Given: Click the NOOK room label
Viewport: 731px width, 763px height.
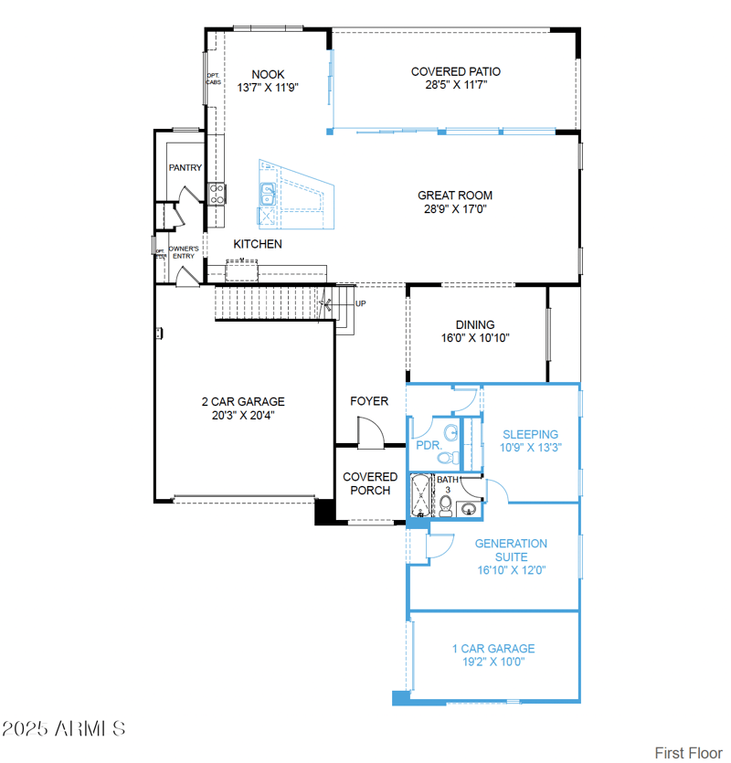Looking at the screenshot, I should coord(268,75).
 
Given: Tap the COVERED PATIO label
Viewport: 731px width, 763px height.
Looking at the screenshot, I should coord(455,71).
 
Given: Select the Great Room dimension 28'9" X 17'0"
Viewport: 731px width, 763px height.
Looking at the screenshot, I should coord(454,208).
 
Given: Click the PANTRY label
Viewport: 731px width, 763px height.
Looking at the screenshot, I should coord(185,168).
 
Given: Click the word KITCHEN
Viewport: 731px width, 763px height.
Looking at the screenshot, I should coord(258,244).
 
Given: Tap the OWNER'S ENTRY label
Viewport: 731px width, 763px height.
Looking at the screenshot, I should coord(183,252).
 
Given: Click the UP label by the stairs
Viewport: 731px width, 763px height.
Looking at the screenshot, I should coord(360,304).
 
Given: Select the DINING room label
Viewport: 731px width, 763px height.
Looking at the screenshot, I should coord(475,324).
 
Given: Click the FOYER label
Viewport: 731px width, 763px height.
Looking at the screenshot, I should coord(369,401).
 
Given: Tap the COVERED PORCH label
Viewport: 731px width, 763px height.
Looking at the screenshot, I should coord(370,483).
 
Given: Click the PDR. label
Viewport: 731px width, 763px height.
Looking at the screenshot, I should coord(429,446).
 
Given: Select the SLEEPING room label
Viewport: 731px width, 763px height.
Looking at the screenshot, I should coord(530,434).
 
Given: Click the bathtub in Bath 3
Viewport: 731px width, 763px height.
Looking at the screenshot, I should coord(421,496).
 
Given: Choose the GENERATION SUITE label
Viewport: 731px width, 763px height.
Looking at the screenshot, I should coord(511,549).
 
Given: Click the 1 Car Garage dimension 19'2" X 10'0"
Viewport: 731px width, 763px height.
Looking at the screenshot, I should coord(493,662).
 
